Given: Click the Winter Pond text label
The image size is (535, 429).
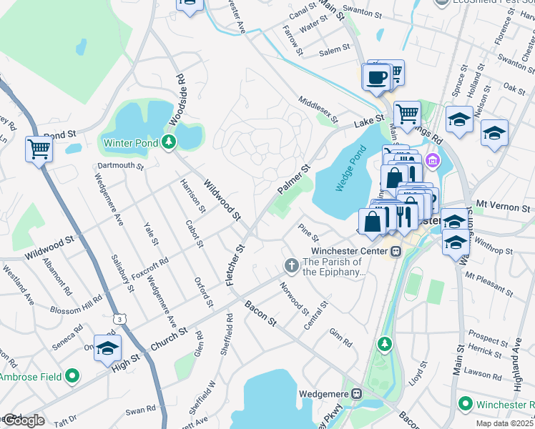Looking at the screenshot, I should [132, 142].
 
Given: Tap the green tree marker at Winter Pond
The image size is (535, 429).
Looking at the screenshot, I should [169, 142].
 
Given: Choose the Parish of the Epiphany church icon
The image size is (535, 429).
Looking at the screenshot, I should [291, 265].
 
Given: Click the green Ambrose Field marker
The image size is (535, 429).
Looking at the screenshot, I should [72, 375].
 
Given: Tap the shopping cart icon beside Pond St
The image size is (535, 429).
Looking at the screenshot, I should [39, 149].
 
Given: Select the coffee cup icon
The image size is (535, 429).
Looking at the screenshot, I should [376, 77].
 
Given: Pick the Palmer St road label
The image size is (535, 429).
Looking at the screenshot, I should [293, 179].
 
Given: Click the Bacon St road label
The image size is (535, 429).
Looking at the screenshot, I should [260, 314].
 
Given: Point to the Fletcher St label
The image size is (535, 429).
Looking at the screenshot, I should [235, 265].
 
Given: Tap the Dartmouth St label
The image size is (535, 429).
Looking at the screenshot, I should [121, 166].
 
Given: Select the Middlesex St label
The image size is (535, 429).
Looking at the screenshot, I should [317, 109].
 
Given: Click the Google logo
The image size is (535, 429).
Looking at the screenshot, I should [23, 420].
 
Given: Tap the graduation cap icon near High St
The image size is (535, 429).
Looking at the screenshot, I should [107, 347].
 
